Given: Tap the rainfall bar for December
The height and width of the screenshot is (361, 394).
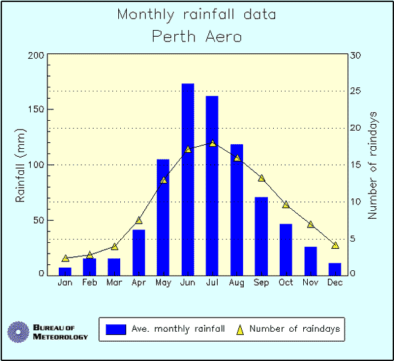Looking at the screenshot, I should [x=335, y=268].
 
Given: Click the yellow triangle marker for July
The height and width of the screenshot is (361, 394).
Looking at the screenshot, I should [x=212, y=143].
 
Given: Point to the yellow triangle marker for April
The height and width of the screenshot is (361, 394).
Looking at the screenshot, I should [x=139, y=220].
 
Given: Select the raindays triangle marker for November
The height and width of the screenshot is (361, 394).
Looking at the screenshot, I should [x=311, y=224].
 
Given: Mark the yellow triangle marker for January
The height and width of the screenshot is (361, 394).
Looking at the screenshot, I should [x=65, y=258].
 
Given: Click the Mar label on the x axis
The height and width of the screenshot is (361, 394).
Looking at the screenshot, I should [x=114, y=282].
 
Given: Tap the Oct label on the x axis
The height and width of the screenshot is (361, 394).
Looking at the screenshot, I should [x=286, y=282].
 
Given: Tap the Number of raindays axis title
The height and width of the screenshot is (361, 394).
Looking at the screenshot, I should [x=373, y=165].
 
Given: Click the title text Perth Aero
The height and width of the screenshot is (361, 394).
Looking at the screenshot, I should [x=196, y=36].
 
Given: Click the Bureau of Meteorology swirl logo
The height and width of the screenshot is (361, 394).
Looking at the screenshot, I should [x=18, y=332].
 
